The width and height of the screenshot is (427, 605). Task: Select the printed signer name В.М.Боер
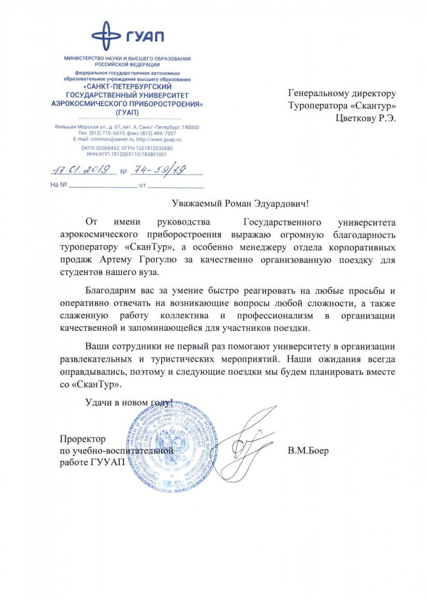[308, 450]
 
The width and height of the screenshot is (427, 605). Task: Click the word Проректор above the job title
[83, 439]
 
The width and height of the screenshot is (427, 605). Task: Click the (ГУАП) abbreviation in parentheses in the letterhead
[127, 112]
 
